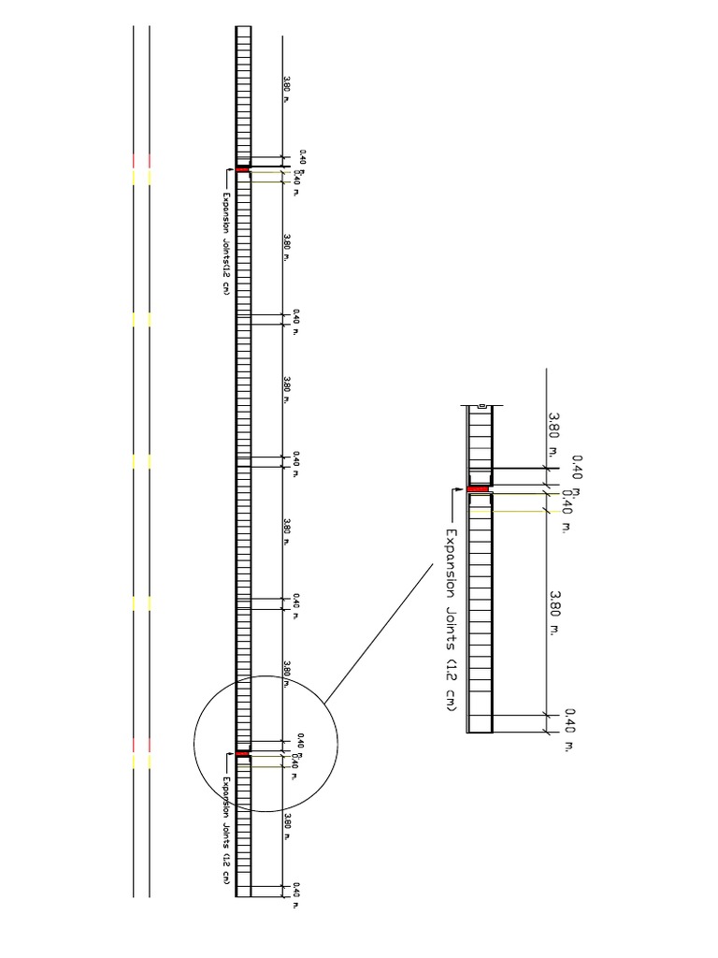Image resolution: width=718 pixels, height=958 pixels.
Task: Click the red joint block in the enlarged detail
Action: coord(479,488)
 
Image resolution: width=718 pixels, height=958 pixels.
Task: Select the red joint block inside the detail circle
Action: coord(242,753)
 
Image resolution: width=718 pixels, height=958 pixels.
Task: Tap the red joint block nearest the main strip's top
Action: coord(242,169)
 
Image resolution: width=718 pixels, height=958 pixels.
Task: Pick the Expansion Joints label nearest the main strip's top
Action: coord(225,243)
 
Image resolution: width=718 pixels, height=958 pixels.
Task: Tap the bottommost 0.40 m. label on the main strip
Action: coord(296,894)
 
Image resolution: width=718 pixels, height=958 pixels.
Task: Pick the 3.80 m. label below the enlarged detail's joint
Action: coord(555,613)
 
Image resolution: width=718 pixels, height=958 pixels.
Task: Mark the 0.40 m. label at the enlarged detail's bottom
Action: coord(565,730)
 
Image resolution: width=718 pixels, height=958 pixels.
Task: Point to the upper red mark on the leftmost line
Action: coord(134,160)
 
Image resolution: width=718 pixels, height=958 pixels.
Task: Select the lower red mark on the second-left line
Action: coord(150,744)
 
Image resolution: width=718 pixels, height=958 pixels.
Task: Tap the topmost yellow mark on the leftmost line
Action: coord(134,177)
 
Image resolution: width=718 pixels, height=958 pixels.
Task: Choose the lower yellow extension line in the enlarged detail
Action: coord(505,511)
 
